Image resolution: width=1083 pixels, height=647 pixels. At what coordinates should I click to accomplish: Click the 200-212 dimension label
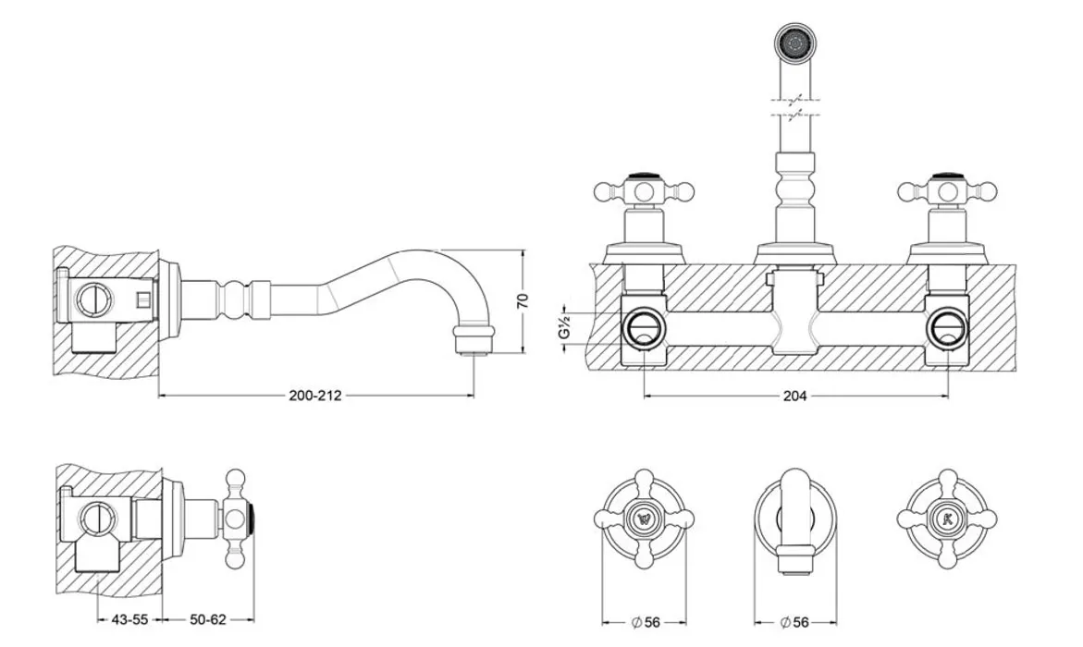pyautogui.click(x=315, y=396)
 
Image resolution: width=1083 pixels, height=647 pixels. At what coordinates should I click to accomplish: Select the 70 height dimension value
pyautogui.click(x=523, y=300)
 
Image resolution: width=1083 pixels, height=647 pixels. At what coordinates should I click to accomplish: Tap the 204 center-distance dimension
pyautogui.click(x=794, y=396)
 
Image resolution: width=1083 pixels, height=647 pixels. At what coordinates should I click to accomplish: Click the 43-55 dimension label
pyautogui.click(x=129, y=619)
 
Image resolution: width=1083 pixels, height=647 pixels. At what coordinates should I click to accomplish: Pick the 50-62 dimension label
pyautogui.click(x=208, y=619)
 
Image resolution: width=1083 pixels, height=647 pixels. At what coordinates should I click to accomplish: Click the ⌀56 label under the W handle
pyautogui.click(x=646, y=622)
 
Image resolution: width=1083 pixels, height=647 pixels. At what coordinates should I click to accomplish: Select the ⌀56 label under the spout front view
pyautogui.click(x=794, y=622)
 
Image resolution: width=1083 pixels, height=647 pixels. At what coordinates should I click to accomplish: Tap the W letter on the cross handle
pyautogui.click(x=645, y=518)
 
